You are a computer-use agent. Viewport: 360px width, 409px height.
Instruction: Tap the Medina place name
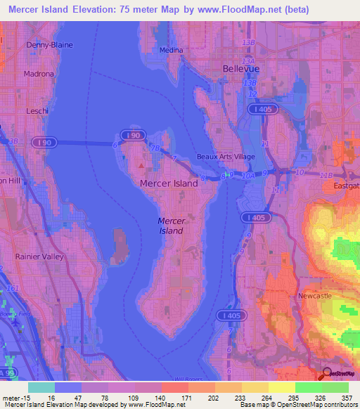171,50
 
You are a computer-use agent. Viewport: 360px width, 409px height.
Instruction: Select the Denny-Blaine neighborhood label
49,45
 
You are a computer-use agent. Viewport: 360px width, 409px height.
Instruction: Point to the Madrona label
39,74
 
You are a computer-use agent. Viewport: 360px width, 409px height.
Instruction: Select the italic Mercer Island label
172,226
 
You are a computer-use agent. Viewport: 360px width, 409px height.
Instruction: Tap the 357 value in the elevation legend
346,397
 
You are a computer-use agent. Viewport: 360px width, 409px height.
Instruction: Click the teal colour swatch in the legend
41,387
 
